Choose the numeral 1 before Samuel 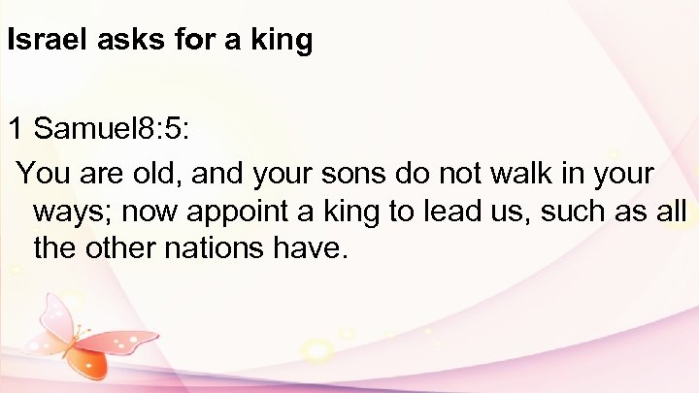click(17, 127)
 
